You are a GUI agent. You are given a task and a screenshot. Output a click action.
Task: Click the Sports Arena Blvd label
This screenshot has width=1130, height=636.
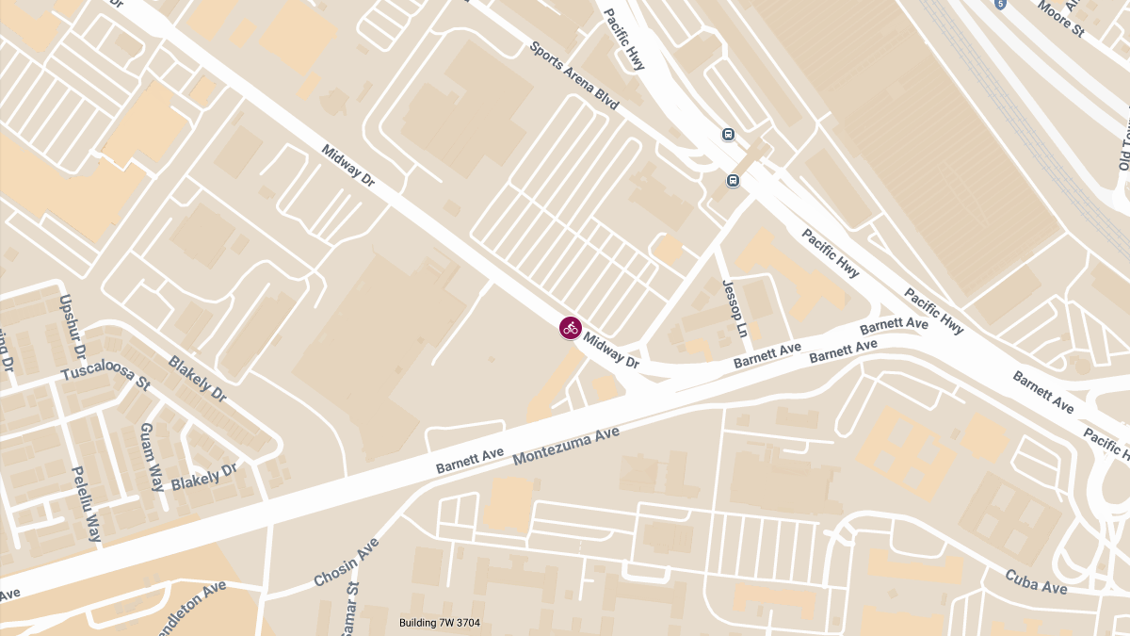point(573,75)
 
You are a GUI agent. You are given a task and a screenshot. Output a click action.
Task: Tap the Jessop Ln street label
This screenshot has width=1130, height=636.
point(734,308)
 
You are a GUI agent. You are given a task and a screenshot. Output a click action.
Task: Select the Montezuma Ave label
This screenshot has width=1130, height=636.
point(566,446)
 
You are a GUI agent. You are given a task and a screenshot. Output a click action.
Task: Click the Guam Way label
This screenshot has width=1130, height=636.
point(152,457)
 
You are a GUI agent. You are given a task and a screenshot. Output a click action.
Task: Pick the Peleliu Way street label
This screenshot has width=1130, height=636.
point(86,503)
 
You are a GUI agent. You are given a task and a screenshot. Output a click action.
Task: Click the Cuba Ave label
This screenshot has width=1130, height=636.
point(1036,581)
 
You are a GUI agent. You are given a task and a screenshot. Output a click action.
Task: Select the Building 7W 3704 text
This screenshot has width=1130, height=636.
point(440,623)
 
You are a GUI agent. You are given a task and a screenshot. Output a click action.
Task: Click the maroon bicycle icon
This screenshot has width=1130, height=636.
point(570,328)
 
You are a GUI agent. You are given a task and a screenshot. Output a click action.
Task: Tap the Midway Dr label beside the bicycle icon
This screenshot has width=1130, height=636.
point(612,351)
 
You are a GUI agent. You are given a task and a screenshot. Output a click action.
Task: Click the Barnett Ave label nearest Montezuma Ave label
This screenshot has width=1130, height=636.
point(470,461)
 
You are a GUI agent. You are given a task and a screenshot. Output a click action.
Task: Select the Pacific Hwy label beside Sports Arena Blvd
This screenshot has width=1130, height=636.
point(624,40)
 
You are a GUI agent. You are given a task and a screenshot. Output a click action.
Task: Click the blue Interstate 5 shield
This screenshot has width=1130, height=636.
point(999,4)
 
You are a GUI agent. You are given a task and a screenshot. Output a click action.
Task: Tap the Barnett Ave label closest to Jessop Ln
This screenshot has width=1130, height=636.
point(767,354)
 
